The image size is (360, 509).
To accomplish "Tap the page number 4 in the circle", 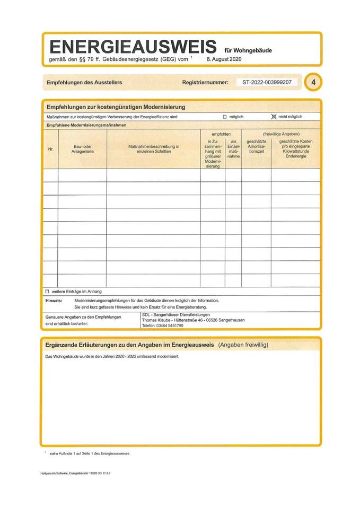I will click(x=314, y=83).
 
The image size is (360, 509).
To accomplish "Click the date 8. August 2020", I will click(x=223, y=59).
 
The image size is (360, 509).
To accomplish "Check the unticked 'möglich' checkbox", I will click(x=225, y=116).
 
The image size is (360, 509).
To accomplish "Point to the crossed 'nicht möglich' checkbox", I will click(x=274, y=116).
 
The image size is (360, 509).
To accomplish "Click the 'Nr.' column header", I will click(x=51, y=150).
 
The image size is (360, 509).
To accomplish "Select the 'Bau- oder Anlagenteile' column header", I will click(x=83, y=149).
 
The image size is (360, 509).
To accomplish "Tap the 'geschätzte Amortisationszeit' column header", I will click(x=256, y=146).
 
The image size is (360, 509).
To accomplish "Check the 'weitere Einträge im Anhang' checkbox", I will click(x=47, y=291).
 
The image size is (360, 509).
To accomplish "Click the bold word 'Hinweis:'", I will click(x=54, y=300).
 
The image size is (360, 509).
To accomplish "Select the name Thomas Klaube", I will click(x=157, y=320).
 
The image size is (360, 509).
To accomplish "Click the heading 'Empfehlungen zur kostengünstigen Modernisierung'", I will click(x=116, y=107).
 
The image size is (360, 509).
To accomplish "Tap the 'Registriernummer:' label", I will click(x=205, y=83).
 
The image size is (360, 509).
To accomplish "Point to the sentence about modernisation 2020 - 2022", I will click(x=112, y=356).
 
